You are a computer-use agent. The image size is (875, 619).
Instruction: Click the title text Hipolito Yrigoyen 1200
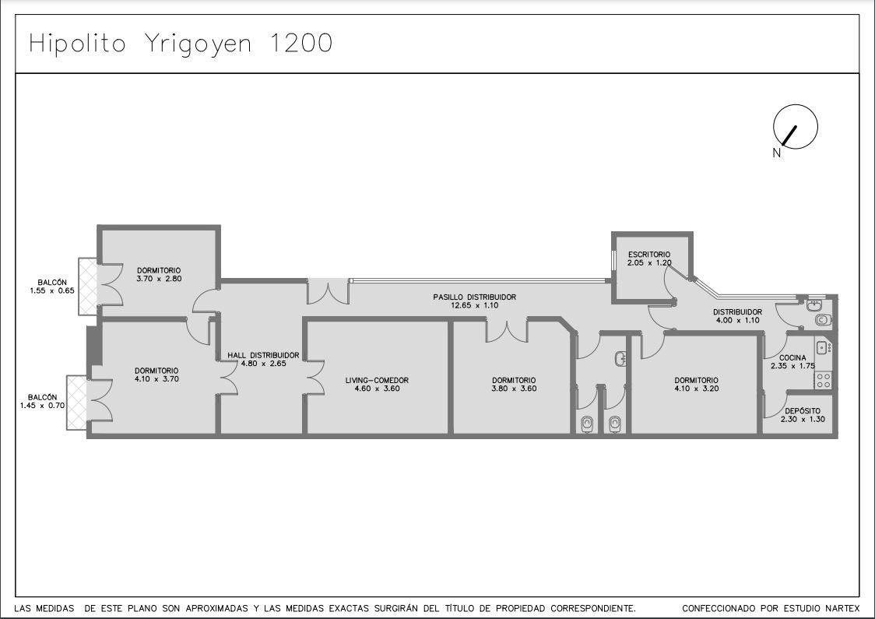point(181,44)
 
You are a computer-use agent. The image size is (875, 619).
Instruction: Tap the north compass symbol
point(795,127)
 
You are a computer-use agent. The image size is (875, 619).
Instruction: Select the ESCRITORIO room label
point(649,255)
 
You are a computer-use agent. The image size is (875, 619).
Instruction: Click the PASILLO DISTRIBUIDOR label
point(474,297)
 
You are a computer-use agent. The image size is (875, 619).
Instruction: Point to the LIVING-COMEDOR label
point(377,380)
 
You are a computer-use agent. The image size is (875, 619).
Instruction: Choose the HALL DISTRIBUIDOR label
point(263,355)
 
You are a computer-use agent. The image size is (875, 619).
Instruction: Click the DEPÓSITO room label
point(803,411)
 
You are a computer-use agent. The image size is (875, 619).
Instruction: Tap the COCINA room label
point(792,358)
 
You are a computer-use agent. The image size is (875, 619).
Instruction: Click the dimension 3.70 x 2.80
point(159,279)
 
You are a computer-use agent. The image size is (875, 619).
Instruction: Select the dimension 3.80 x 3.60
point(514,389)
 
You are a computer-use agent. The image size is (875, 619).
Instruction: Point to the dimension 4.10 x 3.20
point(697,389)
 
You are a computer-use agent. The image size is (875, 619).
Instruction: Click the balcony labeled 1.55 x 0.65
point(88,287)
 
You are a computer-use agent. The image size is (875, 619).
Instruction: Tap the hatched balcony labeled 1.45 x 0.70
point(76,403)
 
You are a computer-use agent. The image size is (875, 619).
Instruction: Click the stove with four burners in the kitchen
point(824,380)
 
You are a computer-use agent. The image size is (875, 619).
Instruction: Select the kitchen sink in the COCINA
point(823,348)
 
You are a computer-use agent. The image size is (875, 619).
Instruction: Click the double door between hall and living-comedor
point(314,378)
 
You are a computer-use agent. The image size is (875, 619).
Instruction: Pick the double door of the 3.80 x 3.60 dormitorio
point(507,330)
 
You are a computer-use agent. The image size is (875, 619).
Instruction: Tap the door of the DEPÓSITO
point(774,403)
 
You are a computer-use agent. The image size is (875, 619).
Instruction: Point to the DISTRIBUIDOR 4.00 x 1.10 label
point(738,316)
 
